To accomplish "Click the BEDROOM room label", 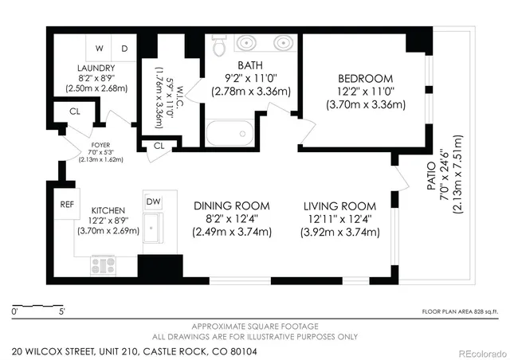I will pyautogui.click(x=365, y=78).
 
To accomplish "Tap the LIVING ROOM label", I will pyautogui.click(x=338, y=205).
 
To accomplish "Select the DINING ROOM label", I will pyautogui.click(x=231, y=205).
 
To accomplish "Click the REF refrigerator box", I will pyautogui.click(x=67, y=204).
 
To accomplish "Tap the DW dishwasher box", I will pyautogui.click(x=153, y=202).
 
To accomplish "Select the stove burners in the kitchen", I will pyautogui.click(x=104, y=263).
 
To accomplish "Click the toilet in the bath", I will pyautogui.click(x=219, y=46).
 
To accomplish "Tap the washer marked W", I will pyautogui.click(x=101, y=48).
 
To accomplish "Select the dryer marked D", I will pyautogui.click(x=124, y=48).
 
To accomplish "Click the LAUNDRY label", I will pyautogui.click(x=96, y=68).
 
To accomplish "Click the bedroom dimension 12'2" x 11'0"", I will pyautogui.click(x=365, y=92).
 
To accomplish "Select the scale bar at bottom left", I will pyautogui.click(x=38, y=306).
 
